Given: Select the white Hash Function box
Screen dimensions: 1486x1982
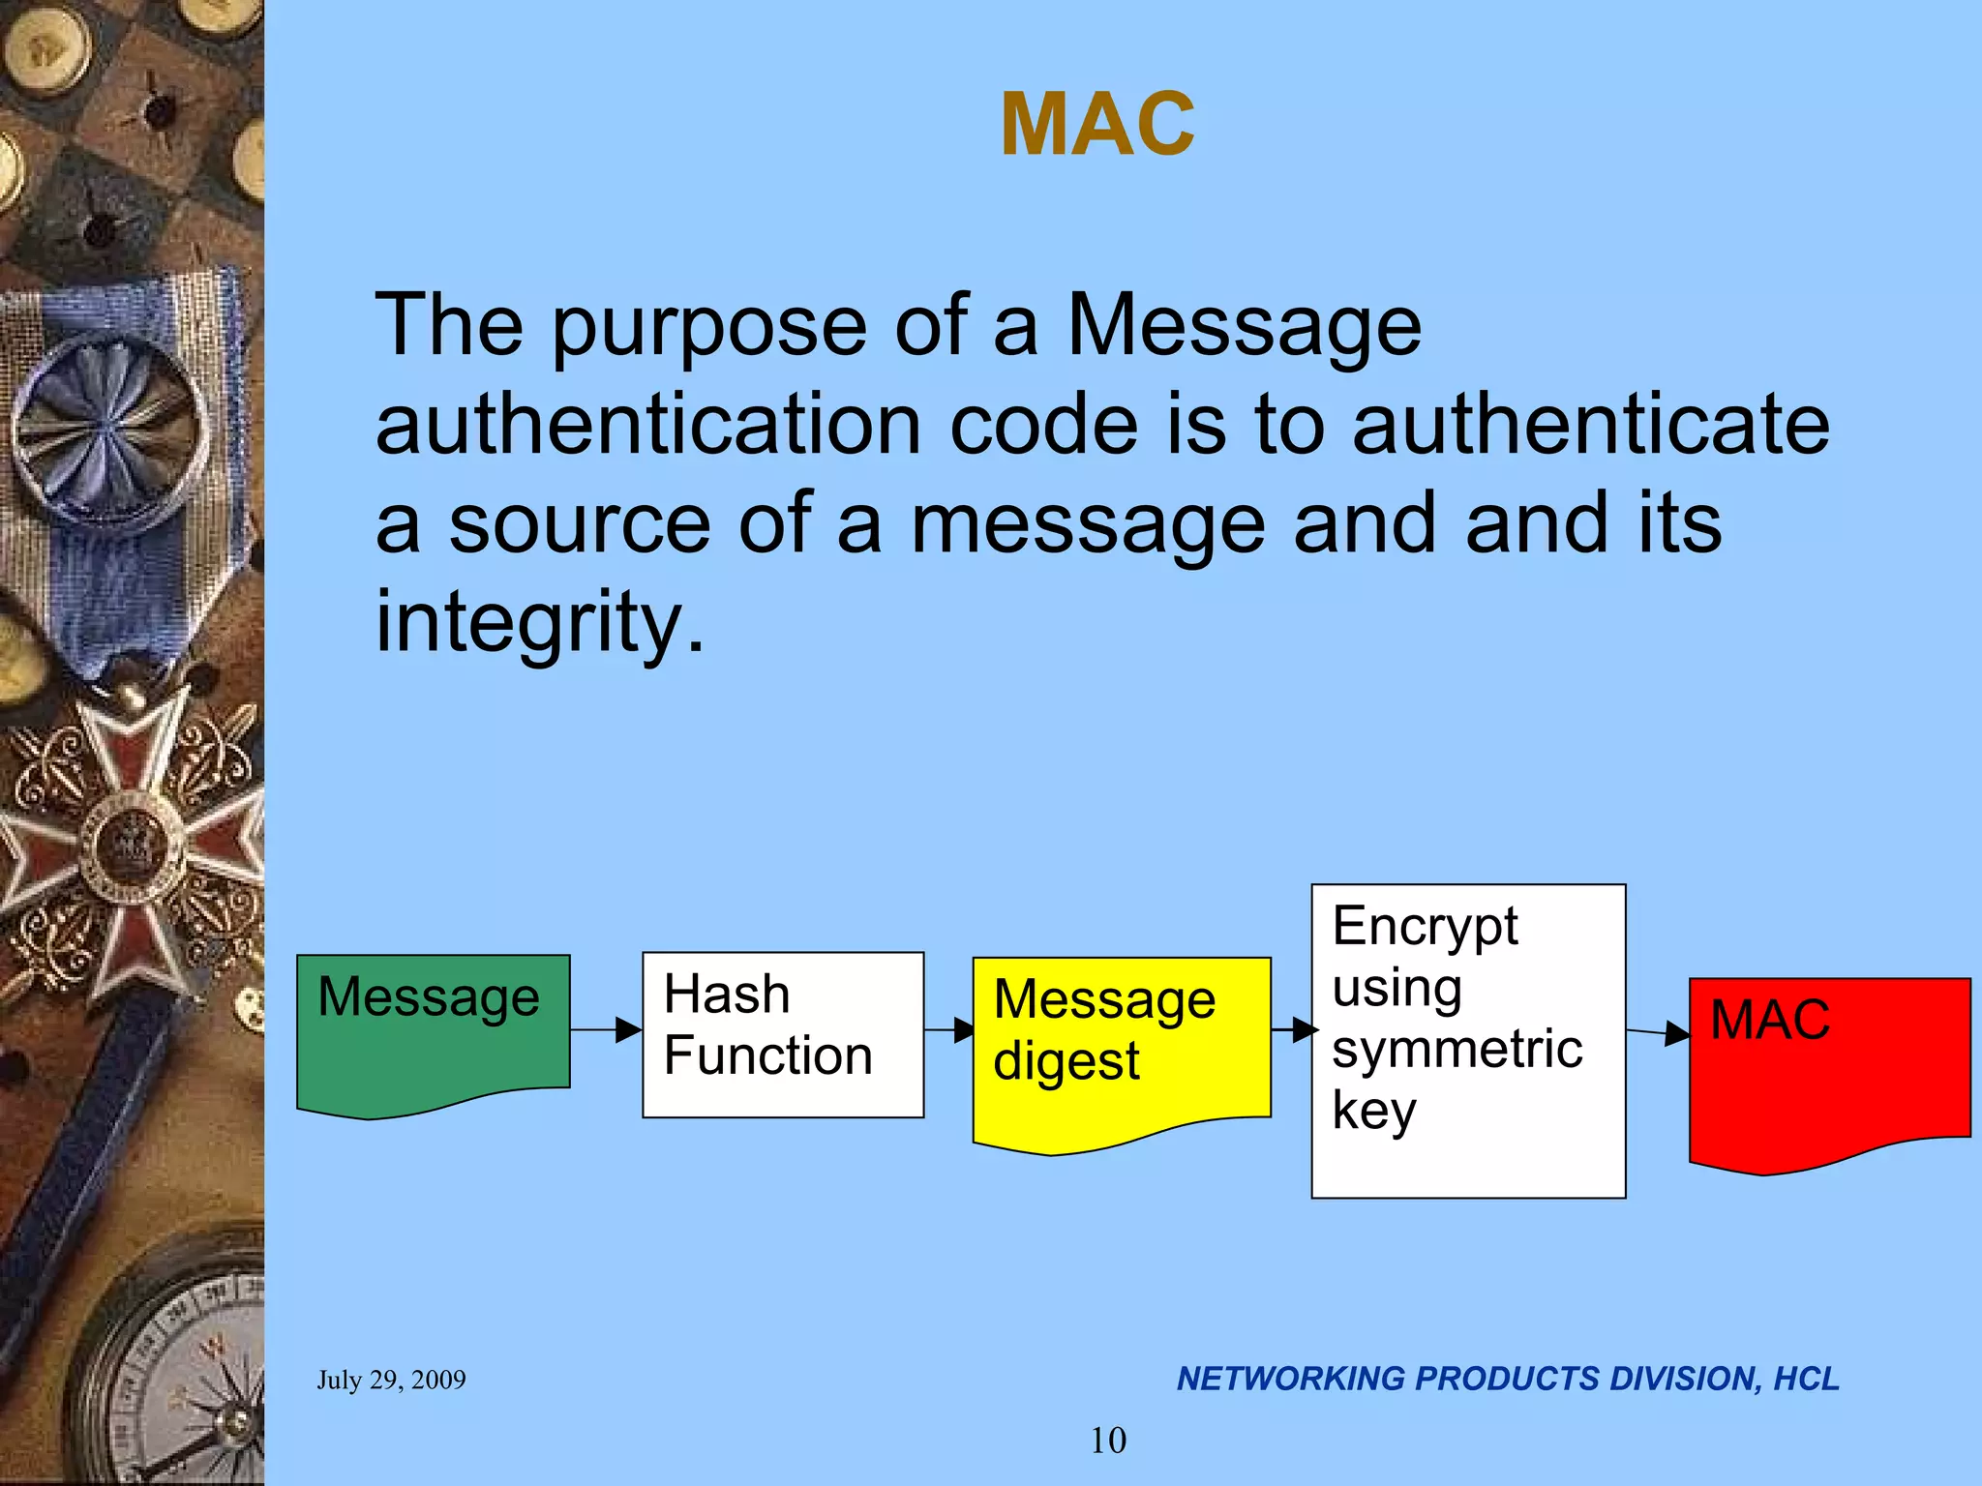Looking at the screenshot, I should tap(783, 1034).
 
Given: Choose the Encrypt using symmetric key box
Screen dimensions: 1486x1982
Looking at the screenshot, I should tap(1468, 1041).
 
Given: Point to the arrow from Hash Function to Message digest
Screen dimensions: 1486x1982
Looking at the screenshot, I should tap(949, 1030).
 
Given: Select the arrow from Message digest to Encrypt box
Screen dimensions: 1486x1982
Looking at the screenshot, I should tap(1292, 1030).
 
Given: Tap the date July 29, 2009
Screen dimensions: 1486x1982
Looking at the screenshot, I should tap(391, 1380).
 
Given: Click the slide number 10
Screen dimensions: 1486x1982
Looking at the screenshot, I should tap(1108, 1441).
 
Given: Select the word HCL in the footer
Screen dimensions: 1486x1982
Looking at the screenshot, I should tap(1806, 1379).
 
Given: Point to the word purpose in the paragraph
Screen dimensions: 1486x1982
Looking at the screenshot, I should tap(708, 327).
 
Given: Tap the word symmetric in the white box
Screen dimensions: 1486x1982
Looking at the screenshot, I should tap(1456, 1050).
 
